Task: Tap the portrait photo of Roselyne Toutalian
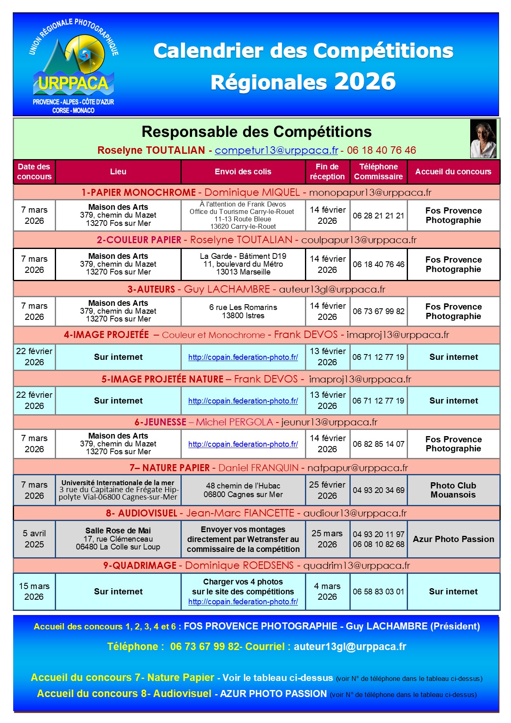[x=483, y=138]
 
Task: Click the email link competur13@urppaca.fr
[x=276, y=150]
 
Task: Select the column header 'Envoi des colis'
[x=243, y=172]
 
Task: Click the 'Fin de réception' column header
[x=327, y=172]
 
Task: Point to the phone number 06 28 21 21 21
[x=378, y=216]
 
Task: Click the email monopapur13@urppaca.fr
[x=370, y=192]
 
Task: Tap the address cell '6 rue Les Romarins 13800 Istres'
[x=243, y=312]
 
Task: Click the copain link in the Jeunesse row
[x=243, y=444]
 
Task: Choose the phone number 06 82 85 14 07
[x=378, y=444]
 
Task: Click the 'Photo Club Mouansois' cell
[x=453, y=490]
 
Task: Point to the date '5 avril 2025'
[x=34, y=539]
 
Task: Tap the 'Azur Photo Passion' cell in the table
[x=453, y=539]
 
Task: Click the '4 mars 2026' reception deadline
[x=327, y=592]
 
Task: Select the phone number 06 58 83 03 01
[x=378, y=592]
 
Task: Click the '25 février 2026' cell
[x=327, y=490]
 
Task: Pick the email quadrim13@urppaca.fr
[x=356, y=566]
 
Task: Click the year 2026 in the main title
[x=365, y=82]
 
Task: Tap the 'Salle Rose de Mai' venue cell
[x=118, y=539]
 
